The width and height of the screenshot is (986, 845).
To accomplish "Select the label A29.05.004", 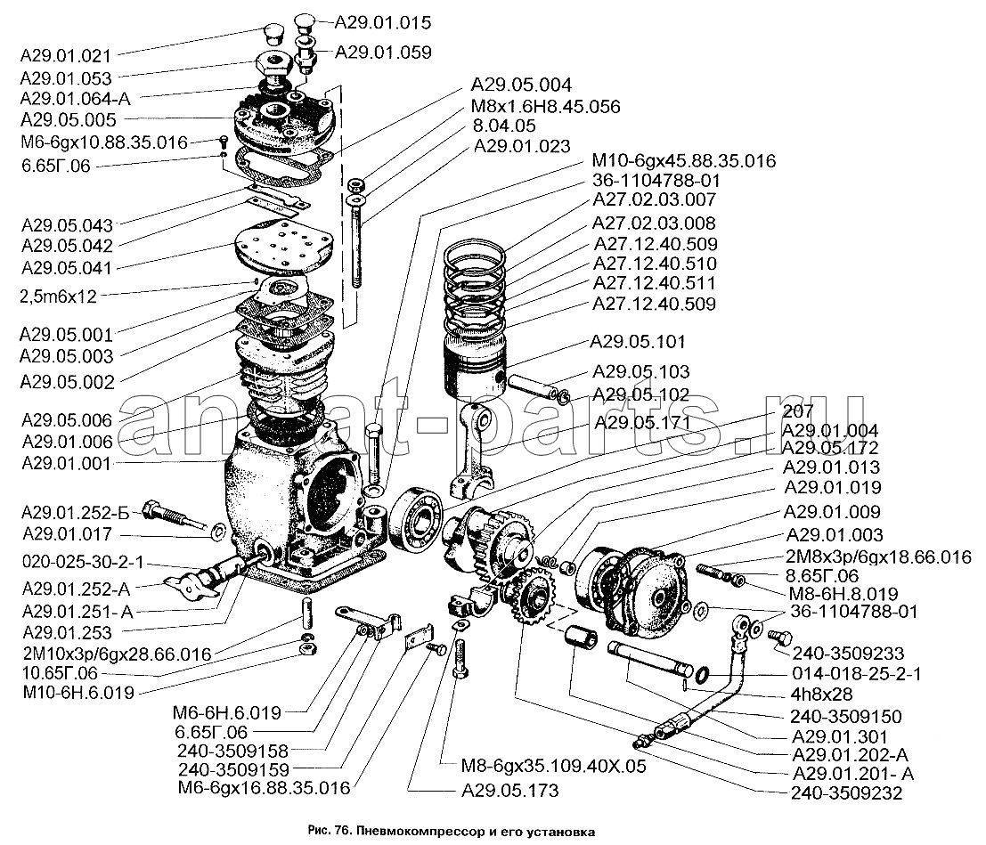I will click(522, 85).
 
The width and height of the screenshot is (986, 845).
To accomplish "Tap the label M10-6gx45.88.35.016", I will click(682, 160).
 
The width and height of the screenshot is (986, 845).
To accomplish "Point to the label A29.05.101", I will click(638, 341).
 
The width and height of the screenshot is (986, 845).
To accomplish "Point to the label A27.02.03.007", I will click(654, 201).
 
